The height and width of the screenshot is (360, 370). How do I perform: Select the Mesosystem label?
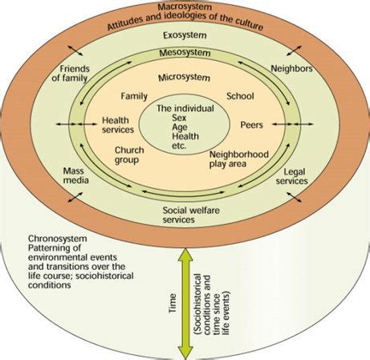click(x=185, y=54)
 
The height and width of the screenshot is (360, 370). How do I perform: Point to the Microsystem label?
click(x=185, y=78)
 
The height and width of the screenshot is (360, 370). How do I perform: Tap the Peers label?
click(x=252, y=126)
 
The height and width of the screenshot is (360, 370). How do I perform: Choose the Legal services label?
click(x=291, y=178)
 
